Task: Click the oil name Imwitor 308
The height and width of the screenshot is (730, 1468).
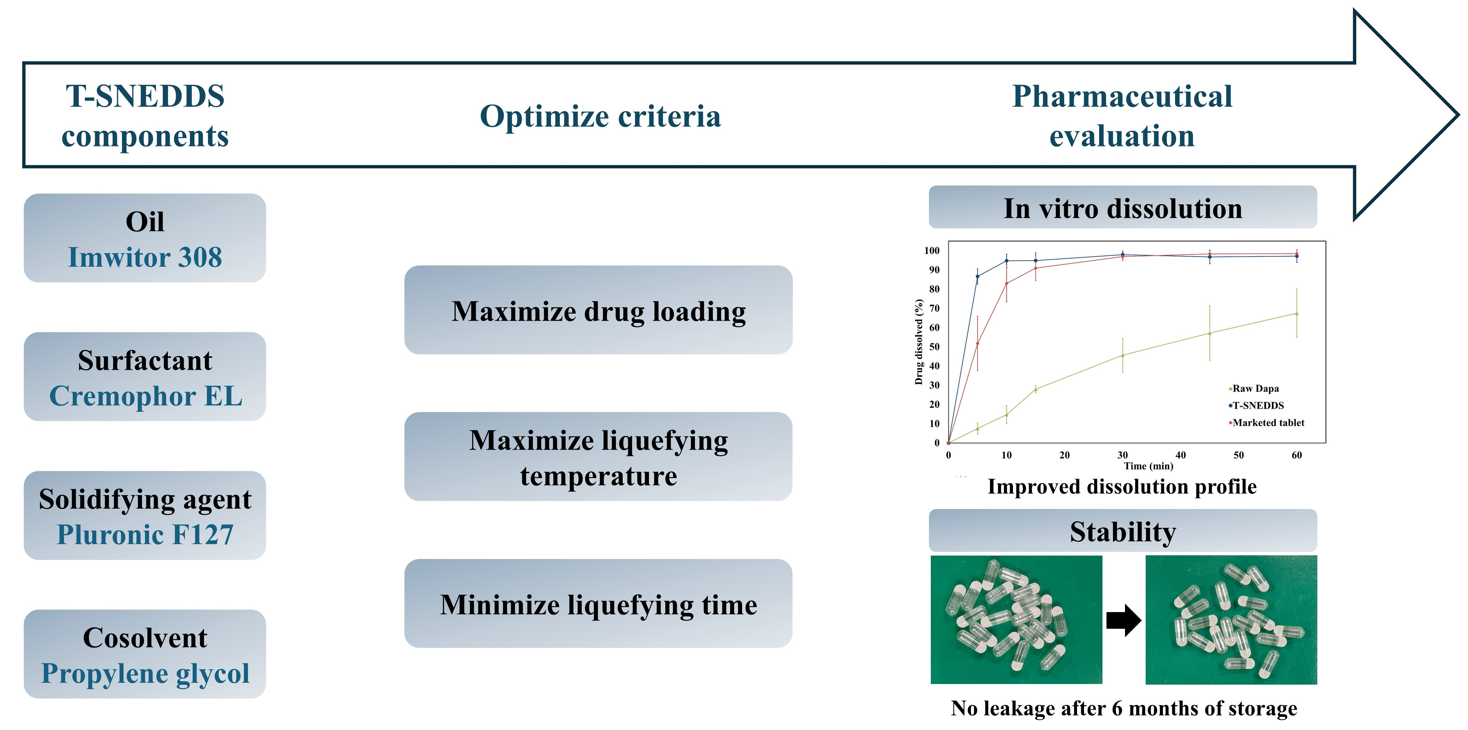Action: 145,257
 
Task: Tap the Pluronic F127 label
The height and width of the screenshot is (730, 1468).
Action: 145,535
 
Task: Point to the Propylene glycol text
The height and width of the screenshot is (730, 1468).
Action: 145,674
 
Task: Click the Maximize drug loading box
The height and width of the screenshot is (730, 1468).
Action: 598,310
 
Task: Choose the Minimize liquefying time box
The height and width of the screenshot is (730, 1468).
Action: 598,603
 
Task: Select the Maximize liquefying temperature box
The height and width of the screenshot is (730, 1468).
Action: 598,457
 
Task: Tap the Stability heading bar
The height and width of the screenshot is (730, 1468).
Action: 1123,531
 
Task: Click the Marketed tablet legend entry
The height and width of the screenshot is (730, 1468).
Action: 1266,423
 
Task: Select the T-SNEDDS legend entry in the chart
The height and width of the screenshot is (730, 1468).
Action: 1256,406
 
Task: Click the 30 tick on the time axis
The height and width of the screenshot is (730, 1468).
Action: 1123,455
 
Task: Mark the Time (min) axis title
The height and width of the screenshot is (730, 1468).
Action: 1148,466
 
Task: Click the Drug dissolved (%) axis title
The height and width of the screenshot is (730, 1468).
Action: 919,342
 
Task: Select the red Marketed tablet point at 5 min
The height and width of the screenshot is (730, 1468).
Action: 977,344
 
